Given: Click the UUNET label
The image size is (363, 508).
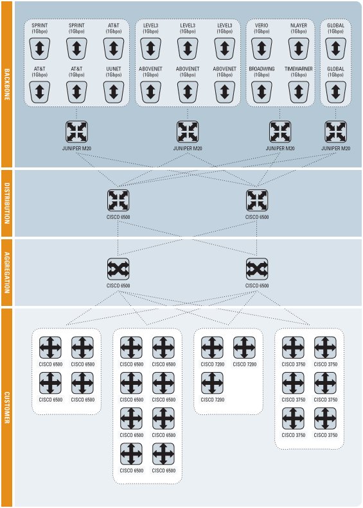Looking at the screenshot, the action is click(114, 69).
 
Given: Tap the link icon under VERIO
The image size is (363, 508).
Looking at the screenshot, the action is click(261, 49).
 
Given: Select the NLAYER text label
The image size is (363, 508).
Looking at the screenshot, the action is click(299, 25).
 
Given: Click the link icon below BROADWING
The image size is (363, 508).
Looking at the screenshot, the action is click(261, 92).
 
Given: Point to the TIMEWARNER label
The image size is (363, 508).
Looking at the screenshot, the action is click(299, 69).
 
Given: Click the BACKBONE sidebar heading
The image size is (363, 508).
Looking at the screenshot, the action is click(7, 84).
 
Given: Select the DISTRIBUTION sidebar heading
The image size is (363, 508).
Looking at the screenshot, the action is click(7, 203).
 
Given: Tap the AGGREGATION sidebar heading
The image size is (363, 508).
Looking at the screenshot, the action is click(7, 273).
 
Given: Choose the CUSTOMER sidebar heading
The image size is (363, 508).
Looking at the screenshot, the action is click(7, 407).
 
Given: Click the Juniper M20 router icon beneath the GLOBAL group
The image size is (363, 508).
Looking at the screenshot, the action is click(336, 132).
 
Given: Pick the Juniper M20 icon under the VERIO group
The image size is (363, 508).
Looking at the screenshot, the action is click(280, 132).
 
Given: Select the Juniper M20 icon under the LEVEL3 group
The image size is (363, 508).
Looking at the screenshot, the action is click(188, 132).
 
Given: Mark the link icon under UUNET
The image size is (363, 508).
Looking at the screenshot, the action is click(114, 92).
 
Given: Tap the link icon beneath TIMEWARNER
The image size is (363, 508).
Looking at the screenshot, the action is click(299, 92).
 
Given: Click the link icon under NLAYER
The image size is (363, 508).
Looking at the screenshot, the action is click(299, 49).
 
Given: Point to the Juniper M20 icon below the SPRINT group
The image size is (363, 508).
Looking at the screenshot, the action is click(76, 132).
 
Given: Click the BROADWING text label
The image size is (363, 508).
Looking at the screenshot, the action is click(261, 69).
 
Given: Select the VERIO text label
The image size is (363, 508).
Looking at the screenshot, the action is click(261, 25).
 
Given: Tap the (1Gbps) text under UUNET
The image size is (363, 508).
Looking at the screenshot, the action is click(114, 75).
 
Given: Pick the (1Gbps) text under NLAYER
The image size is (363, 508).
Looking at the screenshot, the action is click(299, 31).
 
